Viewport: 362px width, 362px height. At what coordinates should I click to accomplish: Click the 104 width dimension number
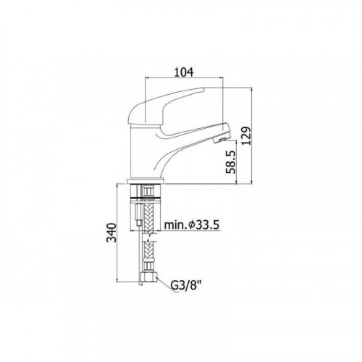click(x=184, y=72)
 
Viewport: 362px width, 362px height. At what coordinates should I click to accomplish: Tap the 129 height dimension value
click(x=247, y=135)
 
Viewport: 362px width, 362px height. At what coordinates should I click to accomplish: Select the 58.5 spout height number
click(x=230, y=162)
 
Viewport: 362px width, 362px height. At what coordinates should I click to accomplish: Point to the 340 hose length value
click(x=111, y=232)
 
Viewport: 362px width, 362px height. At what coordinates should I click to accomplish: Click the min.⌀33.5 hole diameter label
click(x=192, y=225)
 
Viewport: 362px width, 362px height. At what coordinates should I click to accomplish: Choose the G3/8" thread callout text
click(x=186, y=285)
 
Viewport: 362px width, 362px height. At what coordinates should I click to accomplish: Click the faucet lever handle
click(x=167, y=110)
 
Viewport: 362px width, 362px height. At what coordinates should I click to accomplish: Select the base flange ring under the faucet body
click(x=146, y=181)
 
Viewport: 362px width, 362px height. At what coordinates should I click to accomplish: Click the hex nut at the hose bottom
click(x=148, y=277)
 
